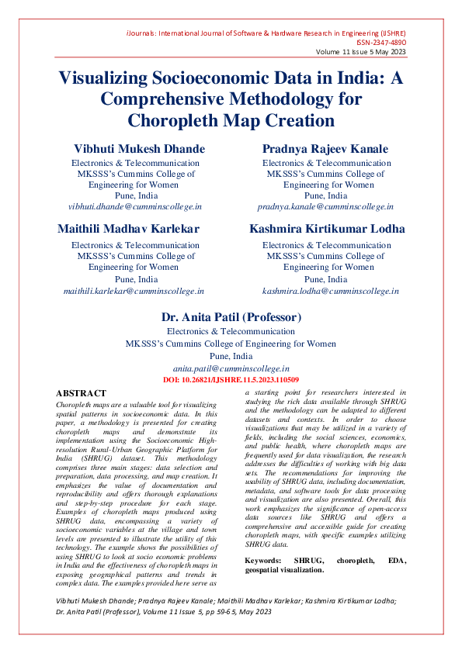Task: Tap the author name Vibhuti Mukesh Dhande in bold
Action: point(140,148)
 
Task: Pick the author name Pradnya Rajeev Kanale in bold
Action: point(325,148)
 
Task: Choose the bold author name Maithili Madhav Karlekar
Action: point(129,229)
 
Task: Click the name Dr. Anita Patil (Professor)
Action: point(231,317)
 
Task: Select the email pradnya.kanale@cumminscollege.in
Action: point(326,207)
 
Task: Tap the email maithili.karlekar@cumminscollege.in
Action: point(133,290)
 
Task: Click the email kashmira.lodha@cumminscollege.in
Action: point(330,290)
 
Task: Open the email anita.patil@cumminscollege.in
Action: point(231,369)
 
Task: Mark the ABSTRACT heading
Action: point(81,394)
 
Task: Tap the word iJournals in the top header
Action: point(143,34)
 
